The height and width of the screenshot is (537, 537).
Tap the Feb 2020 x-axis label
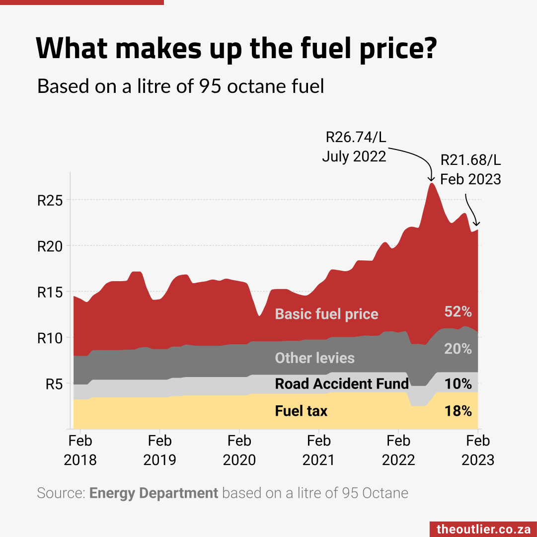(x=239, y=450)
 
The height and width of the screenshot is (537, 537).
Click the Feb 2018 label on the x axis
(x=80, y=450)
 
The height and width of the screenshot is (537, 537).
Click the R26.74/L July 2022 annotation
(x=355, y=147)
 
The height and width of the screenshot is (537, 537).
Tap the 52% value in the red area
(x=458, y=311)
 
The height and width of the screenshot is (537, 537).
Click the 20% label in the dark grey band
(x=458, y=349)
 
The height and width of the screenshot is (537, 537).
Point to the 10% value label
(x=458, y=384)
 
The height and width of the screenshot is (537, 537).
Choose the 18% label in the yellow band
(x=458, y=411)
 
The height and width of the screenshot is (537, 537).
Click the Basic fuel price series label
(x=326, y=314)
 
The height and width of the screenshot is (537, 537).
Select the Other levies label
(x=314, y=358)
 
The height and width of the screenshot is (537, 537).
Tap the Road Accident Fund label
(x=342, y=384)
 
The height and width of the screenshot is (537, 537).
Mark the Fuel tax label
(x=301, y=411)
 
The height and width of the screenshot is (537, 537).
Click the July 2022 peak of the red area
(x=432, y=184)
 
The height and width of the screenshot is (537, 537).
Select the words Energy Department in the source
(x=153, y=493)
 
